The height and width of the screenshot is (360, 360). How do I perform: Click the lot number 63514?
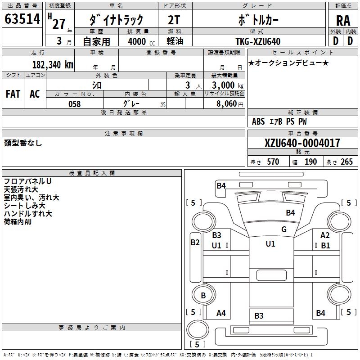tap(22, 19)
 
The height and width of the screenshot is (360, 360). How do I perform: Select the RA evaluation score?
tap(343, 20)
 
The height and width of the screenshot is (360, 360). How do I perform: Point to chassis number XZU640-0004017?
tap(302, 144)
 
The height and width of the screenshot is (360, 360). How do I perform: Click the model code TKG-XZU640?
tap(258, 41)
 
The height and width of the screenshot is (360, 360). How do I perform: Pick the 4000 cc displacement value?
tap(137, 41)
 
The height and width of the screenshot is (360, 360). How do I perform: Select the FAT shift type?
tap(13, 94)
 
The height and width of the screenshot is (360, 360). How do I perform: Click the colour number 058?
tap(74, 104)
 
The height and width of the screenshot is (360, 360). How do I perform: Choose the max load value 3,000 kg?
tap(225, 85)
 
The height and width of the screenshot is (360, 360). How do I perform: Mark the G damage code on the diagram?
tap(284, 229)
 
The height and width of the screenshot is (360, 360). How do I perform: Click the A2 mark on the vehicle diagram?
tap(325, 235)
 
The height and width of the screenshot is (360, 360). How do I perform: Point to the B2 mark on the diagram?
tap(195, 243)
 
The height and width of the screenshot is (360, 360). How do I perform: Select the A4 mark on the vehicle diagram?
tap(221, 313)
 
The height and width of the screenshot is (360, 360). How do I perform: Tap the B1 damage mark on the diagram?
tap(325, 246)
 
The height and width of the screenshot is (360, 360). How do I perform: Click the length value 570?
tap(273, 162)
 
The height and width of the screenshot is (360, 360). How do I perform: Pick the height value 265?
tap(346, 162)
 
